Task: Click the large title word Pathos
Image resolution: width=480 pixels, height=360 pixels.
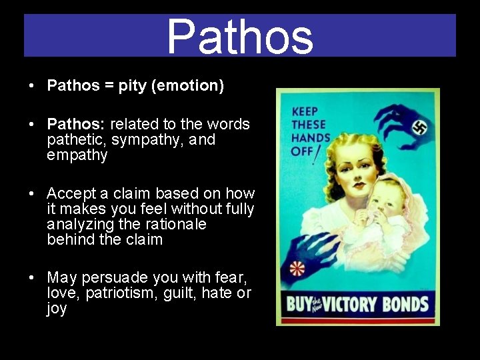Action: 240,37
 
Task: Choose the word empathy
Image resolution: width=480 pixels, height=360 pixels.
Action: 77,155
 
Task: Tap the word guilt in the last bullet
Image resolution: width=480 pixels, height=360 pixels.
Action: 201,294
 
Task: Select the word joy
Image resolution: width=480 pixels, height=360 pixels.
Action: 56,309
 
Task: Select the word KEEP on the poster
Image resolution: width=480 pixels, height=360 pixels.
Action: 305,111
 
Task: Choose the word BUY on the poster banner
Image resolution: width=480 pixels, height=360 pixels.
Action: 297,305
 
